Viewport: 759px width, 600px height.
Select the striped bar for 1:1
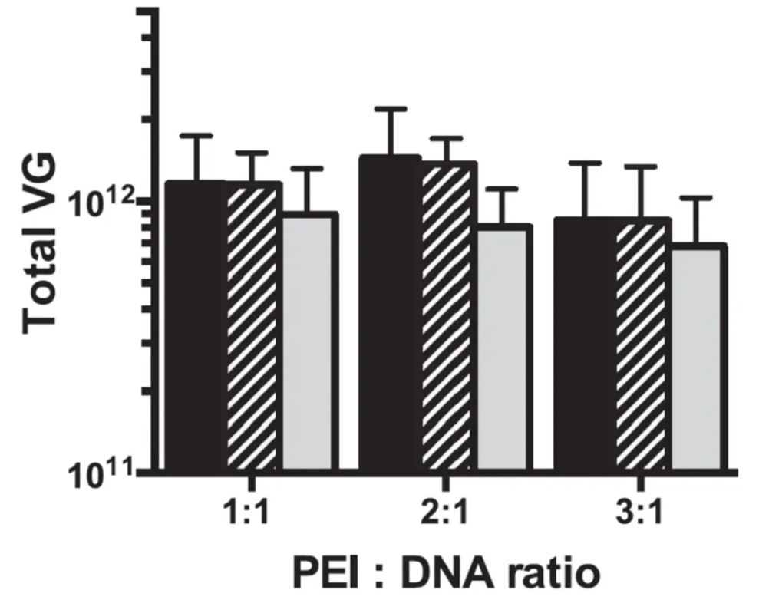(253, 326)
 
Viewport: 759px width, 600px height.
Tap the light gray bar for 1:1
(309, 341)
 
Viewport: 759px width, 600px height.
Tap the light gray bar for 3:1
(698, 358)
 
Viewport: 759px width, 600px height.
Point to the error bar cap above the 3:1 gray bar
(698, 198)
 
